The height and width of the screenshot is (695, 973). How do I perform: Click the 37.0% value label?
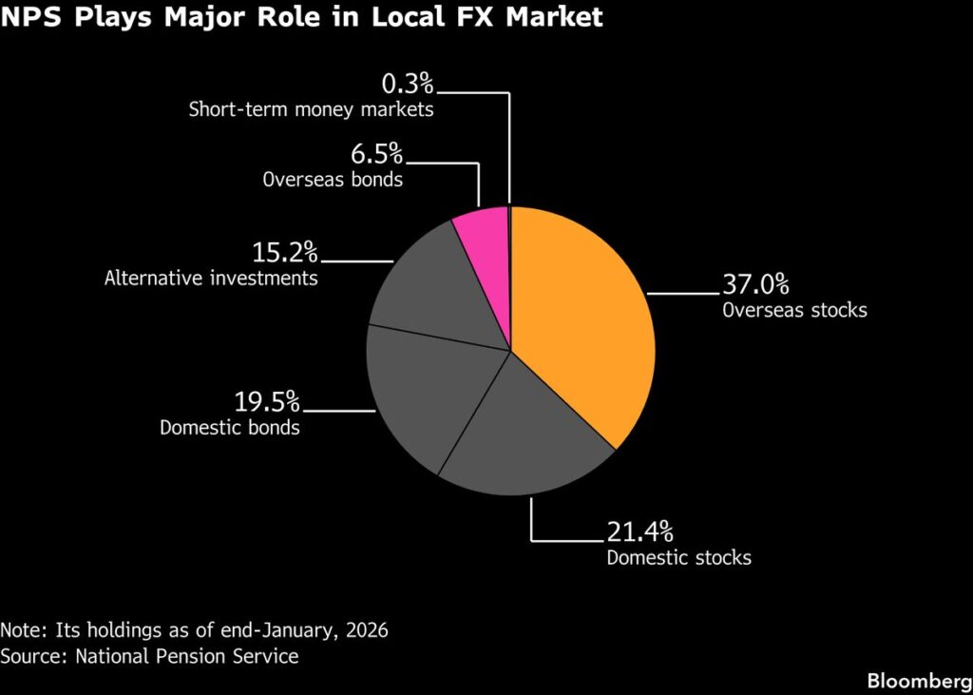point(755,285)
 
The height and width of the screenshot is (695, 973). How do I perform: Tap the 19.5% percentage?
point(267,402)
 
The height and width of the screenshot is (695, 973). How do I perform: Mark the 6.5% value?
point(377,153)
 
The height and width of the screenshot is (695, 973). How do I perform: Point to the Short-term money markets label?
point(311,109)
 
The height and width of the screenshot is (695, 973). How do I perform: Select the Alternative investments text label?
point(211,279)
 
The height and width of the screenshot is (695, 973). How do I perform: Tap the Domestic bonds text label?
point(230,428)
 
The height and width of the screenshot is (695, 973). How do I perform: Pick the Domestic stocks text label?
point(678,557)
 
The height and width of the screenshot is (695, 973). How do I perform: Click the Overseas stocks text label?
point(794,310)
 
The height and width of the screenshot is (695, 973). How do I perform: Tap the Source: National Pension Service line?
point(150,656)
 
